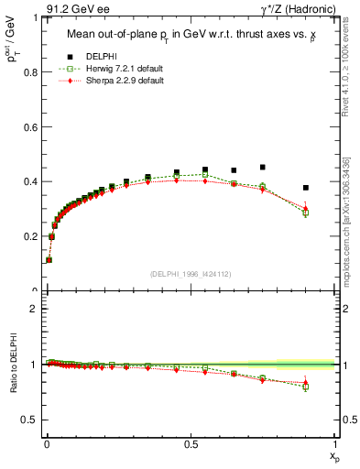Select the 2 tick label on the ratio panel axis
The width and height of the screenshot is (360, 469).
click(x=35, y=309)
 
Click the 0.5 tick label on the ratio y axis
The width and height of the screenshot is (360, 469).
click(x=31, y=420)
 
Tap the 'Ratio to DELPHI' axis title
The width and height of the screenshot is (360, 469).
click(x=12, y=365)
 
